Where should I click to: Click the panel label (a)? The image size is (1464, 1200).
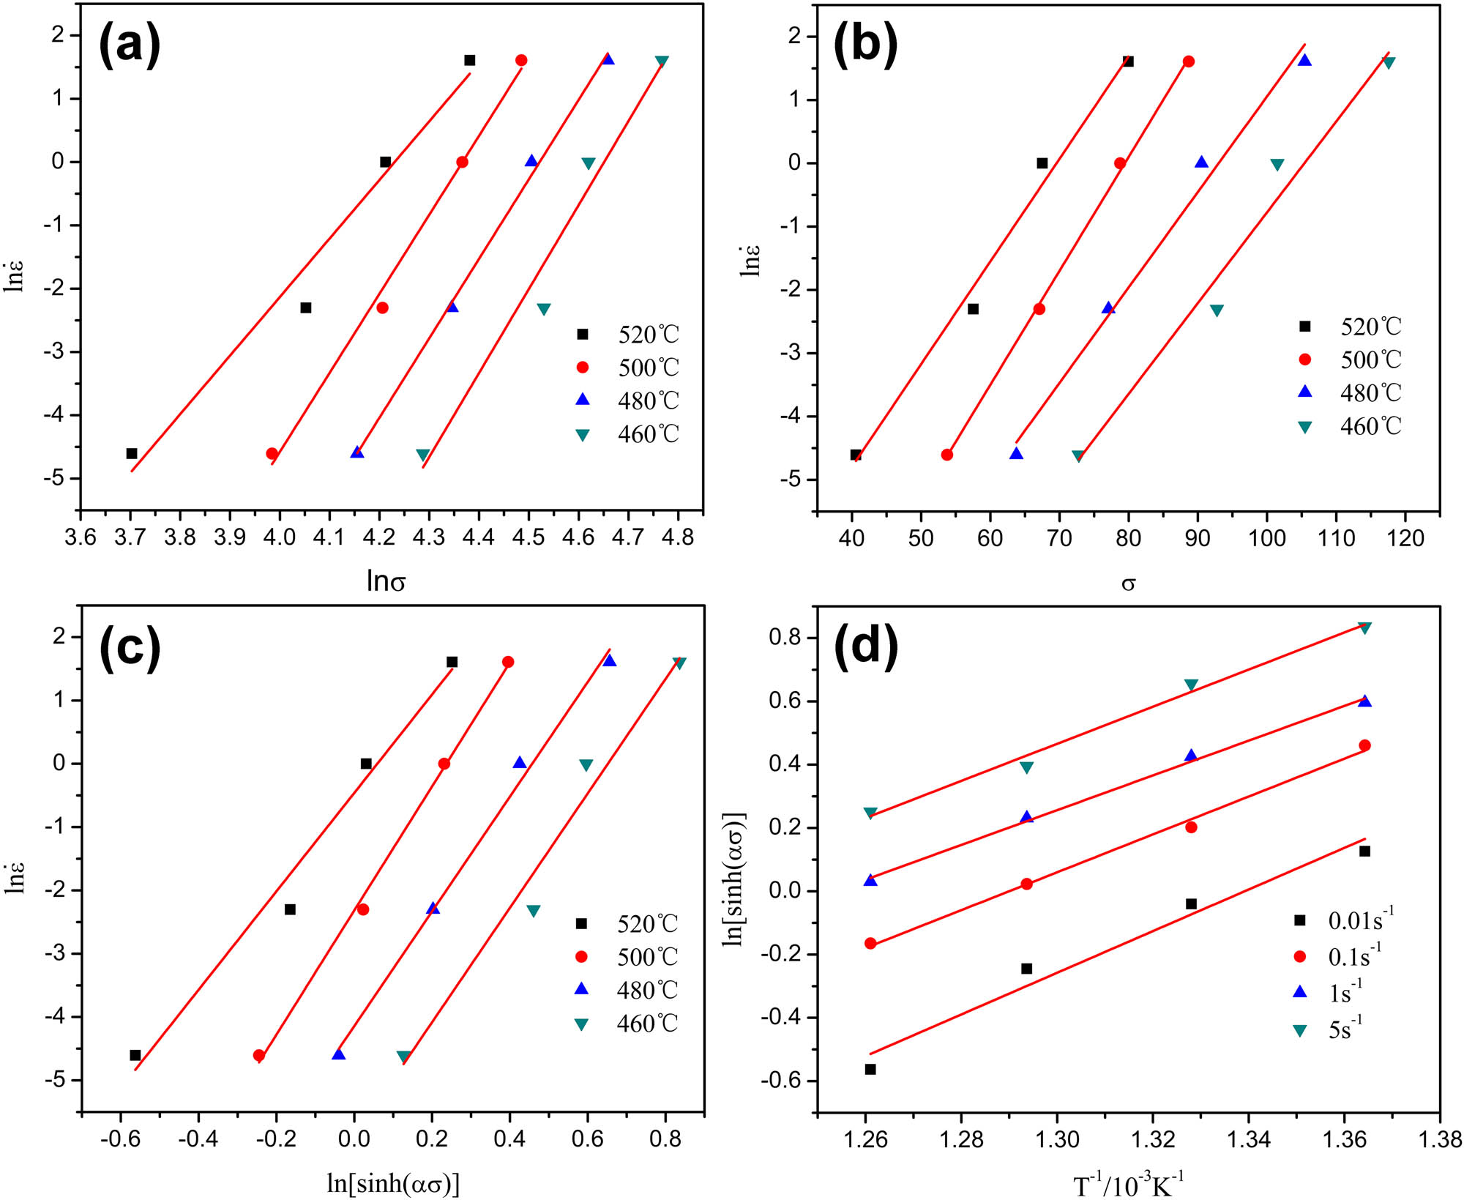[x=130, y=45]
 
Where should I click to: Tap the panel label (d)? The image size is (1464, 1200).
[x=866, y=648]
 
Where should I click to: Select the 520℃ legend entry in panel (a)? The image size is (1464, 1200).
[x=630, y=335]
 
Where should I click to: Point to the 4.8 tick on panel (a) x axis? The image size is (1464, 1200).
[x=678, y=538]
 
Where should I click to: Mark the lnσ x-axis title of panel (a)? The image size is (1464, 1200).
[x=386, y=581]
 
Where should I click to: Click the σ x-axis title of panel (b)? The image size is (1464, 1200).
[x=1128, y=584]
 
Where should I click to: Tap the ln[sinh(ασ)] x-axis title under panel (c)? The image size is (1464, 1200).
[x=393, y=1183]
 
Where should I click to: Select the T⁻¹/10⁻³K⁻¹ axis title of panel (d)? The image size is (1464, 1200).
[x=1128, y=1185]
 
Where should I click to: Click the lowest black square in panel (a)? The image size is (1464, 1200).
[x=132, y=453]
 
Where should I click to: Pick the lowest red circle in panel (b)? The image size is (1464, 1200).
[x=946, y=455]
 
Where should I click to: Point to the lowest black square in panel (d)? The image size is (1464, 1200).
[x=870, y=1069]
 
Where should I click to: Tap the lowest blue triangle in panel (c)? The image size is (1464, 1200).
[x=338, y=1055]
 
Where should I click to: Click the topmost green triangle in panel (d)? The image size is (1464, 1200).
[x=1364, y=627]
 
